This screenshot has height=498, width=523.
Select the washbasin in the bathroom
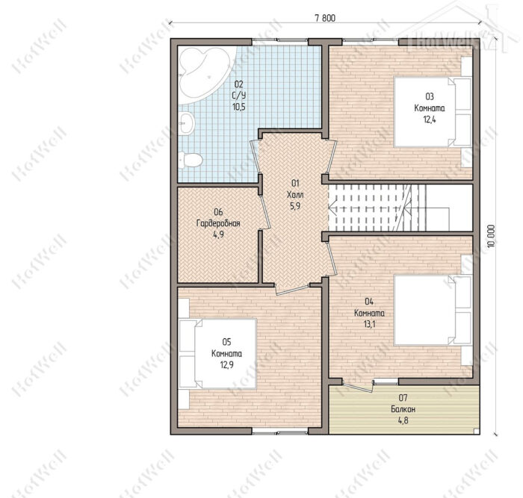pyautogui.click(x=185, y=123)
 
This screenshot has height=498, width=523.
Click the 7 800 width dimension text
pyautogui.click(x=325, y=19)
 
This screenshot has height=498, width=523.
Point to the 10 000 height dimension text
pyautogui.click(x=491, y=236)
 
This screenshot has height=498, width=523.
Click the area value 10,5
pyautogui.click(x=239, y=107)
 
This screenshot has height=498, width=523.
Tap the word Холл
pyautogui.click(x=295, y=195)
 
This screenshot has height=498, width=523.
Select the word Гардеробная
pyautogui.click(x=218, y=223)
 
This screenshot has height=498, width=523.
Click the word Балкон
pyautogui.click(x=403, y=409)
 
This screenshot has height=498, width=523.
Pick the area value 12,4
pyautogui.click(x=430, y=119)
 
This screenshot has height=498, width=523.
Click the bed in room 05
pyautogui.click(x=217, y=354)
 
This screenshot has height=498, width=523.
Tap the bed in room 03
pyautogui.click(x=433, y=112)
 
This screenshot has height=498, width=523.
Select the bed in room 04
pyautogui.click(x=433, y=310)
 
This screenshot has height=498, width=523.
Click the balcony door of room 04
pyautogui.click(x=358, y=387)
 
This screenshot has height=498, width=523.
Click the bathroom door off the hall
pyautogui.click(x=255, y=158)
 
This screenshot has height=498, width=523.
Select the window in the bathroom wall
pyautogui.click(x=279, y=40)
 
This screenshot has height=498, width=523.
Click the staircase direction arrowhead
pyautogui.click(x=331, y=207)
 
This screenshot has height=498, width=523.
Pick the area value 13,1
pyautogui.click(x=369, y=324)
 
